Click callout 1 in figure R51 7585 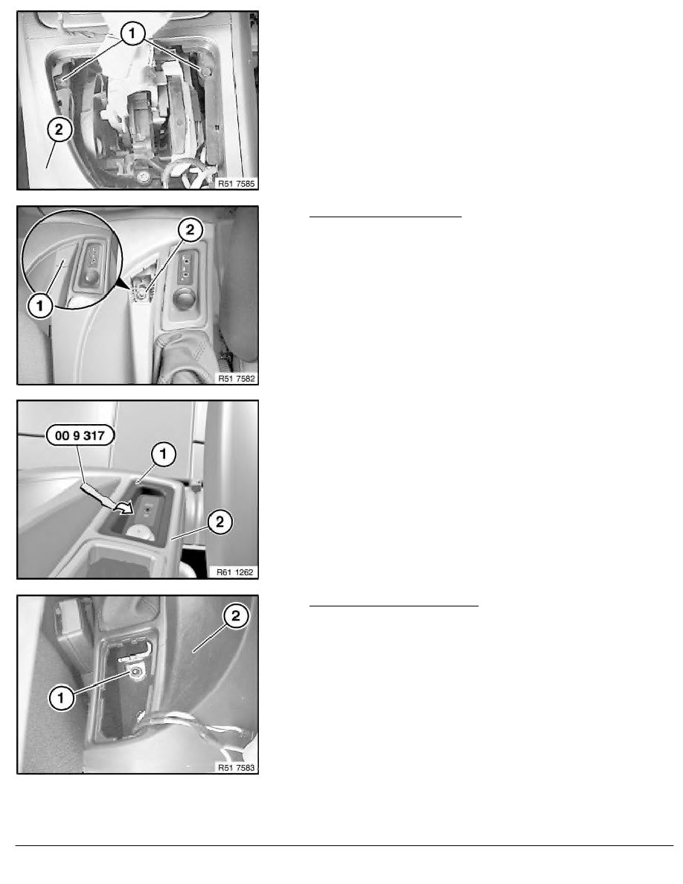pos(132,33)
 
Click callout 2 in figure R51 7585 pos(60,129)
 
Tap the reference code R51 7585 pos(237,183)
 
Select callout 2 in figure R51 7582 pos(190,229)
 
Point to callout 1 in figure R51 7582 pos(40,306)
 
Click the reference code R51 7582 pos(237,378)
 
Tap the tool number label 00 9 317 pos(80,435)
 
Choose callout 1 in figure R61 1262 pos(164,454)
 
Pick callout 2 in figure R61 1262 pos(219,522)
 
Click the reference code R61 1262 pos(236,572)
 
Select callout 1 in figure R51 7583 pos(61,698)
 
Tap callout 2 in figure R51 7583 pos(236,615)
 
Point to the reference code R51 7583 pos(237,767)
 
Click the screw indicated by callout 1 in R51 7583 pos(135,672)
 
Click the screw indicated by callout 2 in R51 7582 pos(141,292)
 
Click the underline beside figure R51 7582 pos(385,216)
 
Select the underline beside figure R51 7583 pos(394,606)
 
